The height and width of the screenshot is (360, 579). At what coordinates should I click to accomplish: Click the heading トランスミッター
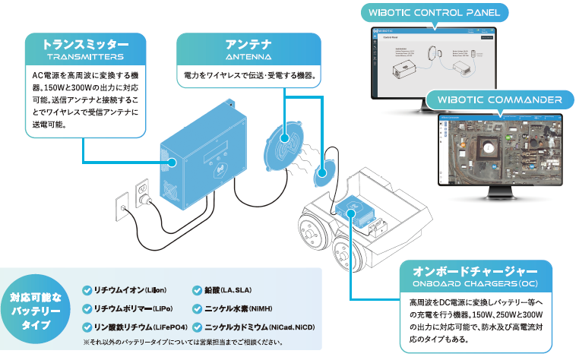[x=84, y=44]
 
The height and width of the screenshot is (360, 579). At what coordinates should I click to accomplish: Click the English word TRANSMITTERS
[x=84, y=57]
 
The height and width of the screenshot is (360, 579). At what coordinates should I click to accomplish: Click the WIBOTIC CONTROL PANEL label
[x=433, y=13]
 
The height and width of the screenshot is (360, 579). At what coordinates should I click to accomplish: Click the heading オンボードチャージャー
[x=474, y=271]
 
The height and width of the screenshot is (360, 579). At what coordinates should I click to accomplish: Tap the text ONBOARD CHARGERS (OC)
[x=474, y=284]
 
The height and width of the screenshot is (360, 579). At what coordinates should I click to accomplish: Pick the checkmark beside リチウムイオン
[x=86, y=290]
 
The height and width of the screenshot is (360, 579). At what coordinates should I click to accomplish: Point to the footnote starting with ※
[x=182, y=343]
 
